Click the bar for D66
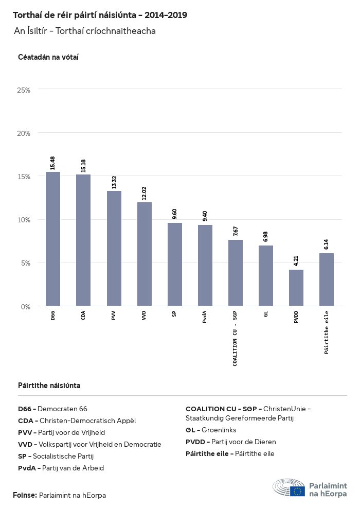click(53, 239)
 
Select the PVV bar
click(114, 249)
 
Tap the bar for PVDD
click(296, 288)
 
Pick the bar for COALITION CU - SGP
click(236, 273)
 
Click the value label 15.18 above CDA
click(83, 166)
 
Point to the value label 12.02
click(144, 193)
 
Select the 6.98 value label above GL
click(266, 237)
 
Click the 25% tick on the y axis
click(24, 90)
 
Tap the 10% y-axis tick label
click(24, 220)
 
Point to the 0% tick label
click(26, 307)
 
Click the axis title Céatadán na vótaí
click(48, 57)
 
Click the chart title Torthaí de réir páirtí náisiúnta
click(100, 15)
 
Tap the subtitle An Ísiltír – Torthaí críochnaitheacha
click(85, 31)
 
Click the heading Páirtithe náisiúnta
click(49, 386)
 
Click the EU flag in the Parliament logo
click(297, 491)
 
